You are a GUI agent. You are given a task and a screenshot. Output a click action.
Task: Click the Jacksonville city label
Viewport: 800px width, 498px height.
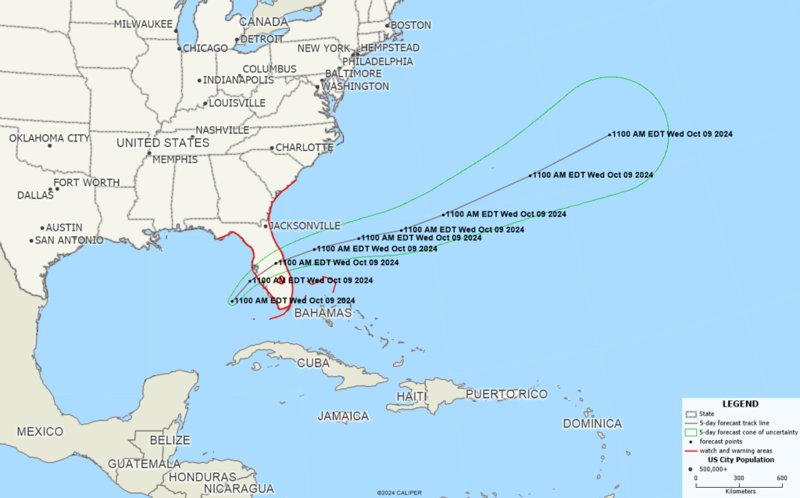pyautogui.click(x=305, y=225)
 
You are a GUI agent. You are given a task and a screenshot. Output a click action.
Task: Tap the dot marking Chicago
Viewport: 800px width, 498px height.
pyautogui.click(x=180, y=48)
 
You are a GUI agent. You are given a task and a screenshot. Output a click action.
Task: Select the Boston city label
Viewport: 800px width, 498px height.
pyautogui.click(x=410, y=25)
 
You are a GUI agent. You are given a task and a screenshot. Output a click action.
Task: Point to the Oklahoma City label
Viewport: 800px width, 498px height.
pyautogui.click(x=49, y=138)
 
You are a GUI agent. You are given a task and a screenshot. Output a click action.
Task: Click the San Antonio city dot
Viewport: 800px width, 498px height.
pyautogui.click(x=31, y=240)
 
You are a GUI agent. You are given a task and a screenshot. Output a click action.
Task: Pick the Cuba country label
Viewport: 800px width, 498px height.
pyautogui.click(x=313, y=363)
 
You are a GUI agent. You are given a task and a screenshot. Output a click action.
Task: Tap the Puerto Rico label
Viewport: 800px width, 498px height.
pyautogui.click(x=506, y=394)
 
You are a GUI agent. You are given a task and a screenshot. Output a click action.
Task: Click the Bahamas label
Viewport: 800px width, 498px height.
pyautogui.click(x=323, y=313)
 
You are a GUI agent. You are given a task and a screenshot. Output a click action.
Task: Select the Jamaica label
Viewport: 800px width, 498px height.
pyautogui.click(x=343, y=416)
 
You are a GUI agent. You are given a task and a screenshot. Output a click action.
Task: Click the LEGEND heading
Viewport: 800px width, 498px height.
pyautogui.click(x=739, y=404)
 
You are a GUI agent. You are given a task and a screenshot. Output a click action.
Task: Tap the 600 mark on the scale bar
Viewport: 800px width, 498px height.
pyautogui.click(x=781, y=478)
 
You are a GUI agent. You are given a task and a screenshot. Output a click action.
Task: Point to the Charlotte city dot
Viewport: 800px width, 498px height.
pyautogui.click(x=271, y=148)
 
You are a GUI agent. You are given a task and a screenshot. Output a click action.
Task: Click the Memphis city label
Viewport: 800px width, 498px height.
pyautogui.click(x=175, y=159)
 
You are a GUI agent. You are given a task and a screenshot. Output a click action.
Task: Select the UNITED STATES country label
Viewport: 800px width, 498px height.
pyautogui.click(x=162, y=143)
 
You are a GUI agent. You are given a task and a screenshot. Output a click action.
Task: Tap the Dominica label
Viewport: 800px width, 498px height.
pyautogui.click(x=592, y=424)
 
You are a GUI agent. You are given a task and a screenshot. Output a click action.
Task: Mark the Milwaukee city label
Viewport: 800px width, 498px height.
pyautogui.click(x=143, y=24)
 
